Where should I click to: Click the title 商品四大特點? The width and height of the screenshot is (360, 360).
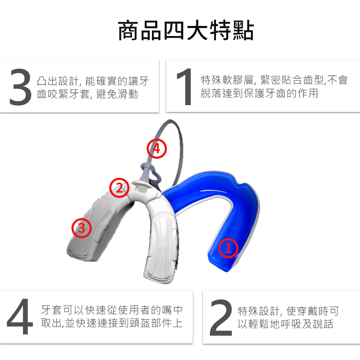coord(186,31)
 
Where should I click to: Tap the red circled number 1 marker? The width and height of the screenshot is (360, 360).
coord(228,248)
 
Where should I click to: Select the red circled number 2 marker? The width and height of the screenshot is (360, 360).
coord(119,188)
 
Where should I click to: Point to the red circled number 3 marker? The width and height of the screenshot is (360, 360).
coord(81,228)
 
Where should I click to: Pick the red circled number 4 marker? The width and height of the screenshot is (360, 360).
coord(157,148)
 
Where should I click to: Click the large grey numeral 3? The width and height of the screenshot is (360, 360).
coord(21,87)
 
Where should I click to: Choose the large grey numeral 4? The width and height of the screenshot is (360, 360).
coord(20,316)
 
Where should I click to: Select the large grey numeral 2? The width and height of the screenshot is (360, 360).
coord(221,318)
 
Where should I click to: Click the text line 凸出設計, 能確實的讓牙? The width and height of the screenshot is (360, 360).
coord(93,81)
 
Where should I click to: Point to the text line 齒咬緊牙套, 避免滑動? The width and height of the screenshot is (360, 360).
coord(87,94)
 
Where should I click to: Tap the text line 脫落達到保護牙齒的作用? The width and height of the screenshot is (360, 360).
coord(259,93)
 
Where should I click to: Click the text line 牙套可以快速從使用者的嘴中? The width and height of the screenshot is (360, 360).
coord(112,310)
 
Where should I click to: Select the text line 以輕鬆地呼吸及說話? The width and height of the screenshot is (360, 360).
coord(285,324)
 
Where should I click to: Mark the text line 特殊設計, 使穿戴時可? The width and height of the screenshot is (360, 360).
coord(288,311)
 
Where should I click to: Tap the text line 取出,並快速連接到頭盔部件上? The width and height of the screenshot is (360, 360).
coord(112,323)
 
